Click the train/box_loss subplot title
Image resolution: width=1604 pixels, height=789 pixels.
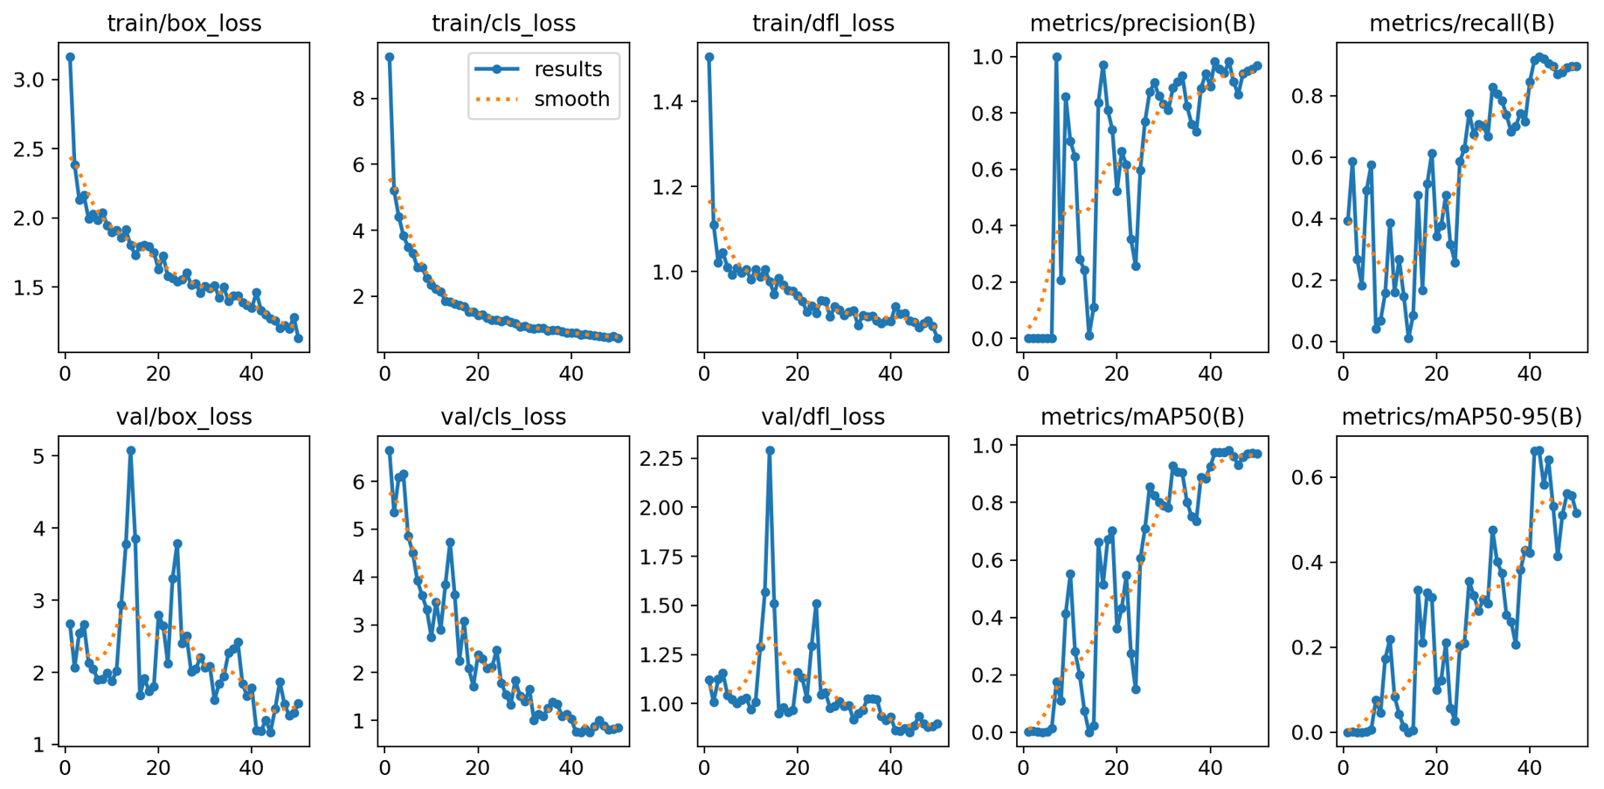(x=183, y=24)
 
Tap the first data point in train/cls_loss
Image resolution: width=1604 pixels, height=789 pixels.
(x=390, y=57)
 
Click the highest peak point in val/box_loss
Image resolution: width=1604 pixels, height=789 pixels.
(x=131, y=451)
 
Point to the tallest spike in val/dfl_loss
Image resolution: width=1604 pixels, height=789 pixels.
(x=770, y=451)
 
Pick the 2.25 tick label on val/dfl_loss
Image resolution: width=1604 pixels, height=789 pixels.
(x=668, y=459)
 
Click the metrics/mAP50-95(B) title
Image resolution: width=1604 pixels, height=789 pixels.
(x=1462, y=417)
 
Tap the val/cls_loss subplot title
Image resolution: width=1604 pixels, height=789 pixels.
(x=503, y=417)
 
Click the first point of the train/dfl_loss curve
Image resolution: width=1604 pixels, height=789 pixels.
(x=709, y=57)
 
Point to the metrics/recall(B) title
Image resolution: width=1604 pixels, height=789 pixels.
(x=1462, y=24)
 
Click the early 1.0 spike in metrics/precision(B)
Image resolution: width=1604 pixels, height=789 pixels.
(x=1056, y=57)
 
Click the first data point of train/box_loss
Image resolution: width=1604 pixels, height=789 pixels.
(x=70, y=57)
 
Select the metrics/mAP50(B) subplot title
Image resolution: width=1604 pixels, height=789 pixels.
(x=1142, y=417)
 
